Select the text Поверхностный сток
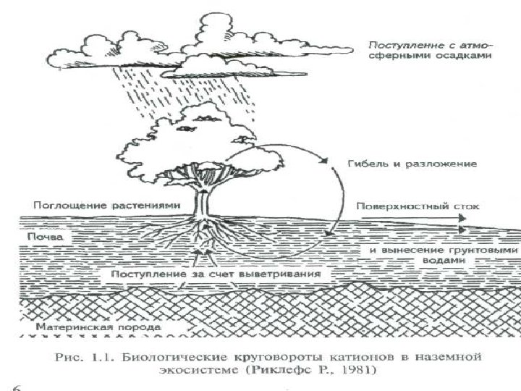(416, 206)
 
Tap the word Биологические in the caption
(167, 356)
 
